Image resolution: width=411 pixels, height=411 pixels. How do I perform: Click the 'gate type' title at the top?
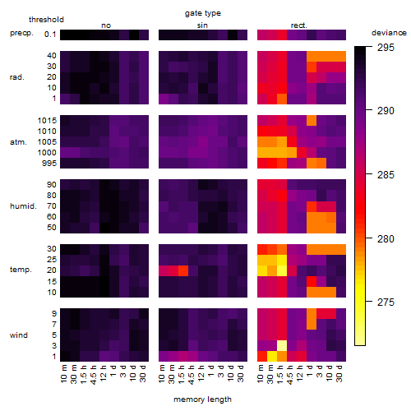(x=203, y=13)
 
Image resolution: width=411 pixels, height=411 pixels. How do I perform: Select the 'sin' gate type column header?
(x=202, y=25)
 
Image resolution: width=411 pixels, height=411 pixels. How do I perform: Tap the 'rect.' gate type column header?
(x=298, y=25)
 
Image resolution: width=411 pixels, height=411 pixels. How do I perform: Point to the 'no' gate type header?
(x=106, y=25)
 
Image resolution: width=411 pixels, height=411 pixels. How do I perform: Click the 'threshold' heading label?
(x=46, y=20)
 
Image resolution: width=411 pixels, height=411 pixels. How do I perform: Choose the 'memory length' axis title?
(x=202, y=399)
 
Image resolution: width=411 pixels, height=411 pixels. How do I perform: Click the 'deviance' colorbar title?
(x=389, y=33)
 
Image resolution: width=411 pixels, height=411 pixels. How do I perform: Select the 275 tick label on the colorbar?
(x=386, y=302)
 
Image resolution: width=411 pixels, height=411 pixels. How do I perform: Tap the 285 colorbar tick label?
(x=386, y=175)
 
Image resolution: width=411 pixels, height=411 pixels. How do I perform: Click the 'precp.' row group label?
(x=21, y=33)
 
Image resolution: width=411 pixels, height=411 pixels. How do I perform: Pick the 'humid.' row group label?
(x=23, y=205)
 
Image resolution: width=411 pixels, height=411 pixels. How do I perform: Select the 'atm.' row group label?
(x=18, y=142)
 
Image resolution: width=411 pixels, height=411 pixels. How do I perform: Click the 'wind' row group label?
(x=19, y=335)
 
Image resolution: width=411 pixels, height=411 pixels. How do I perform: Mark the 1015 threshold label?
(x=47, y=121)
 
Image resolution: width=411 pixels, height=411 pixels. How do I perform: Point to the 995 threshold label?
(x=49, y=164)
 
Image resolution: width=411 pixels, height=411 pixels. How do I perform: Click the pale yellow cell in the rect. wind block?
(x=282, y=346)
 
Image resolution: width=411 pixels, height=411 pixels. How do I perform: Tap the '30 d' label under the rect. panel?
(x=339, y=373)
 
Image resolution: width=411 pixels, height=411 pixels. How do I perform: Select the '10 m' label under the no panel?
(x=63, y=373)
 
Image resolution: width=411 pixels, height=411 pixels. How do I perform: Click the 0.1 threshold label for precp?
(x=50, y=35)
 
